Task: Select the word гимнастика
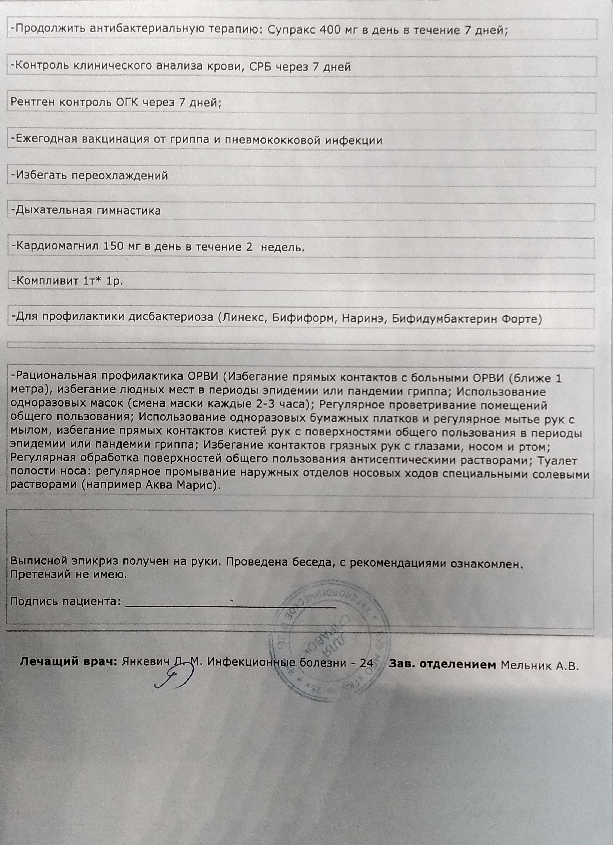(x=129, y=211)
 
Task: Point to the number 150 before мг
(x=113, y=247)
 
